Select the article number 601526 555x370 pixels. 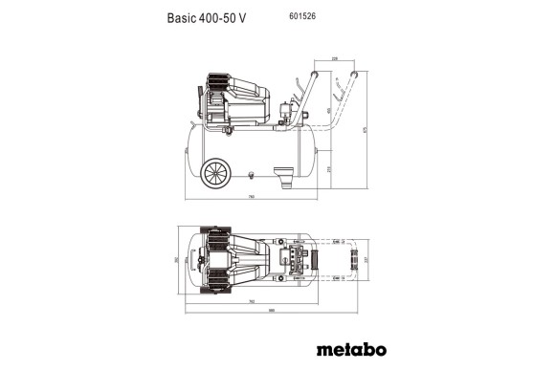point(302,16)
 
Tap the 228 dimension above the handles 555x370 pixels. point(334,59)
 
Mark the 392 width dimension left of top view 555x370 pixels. point(188,259)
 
